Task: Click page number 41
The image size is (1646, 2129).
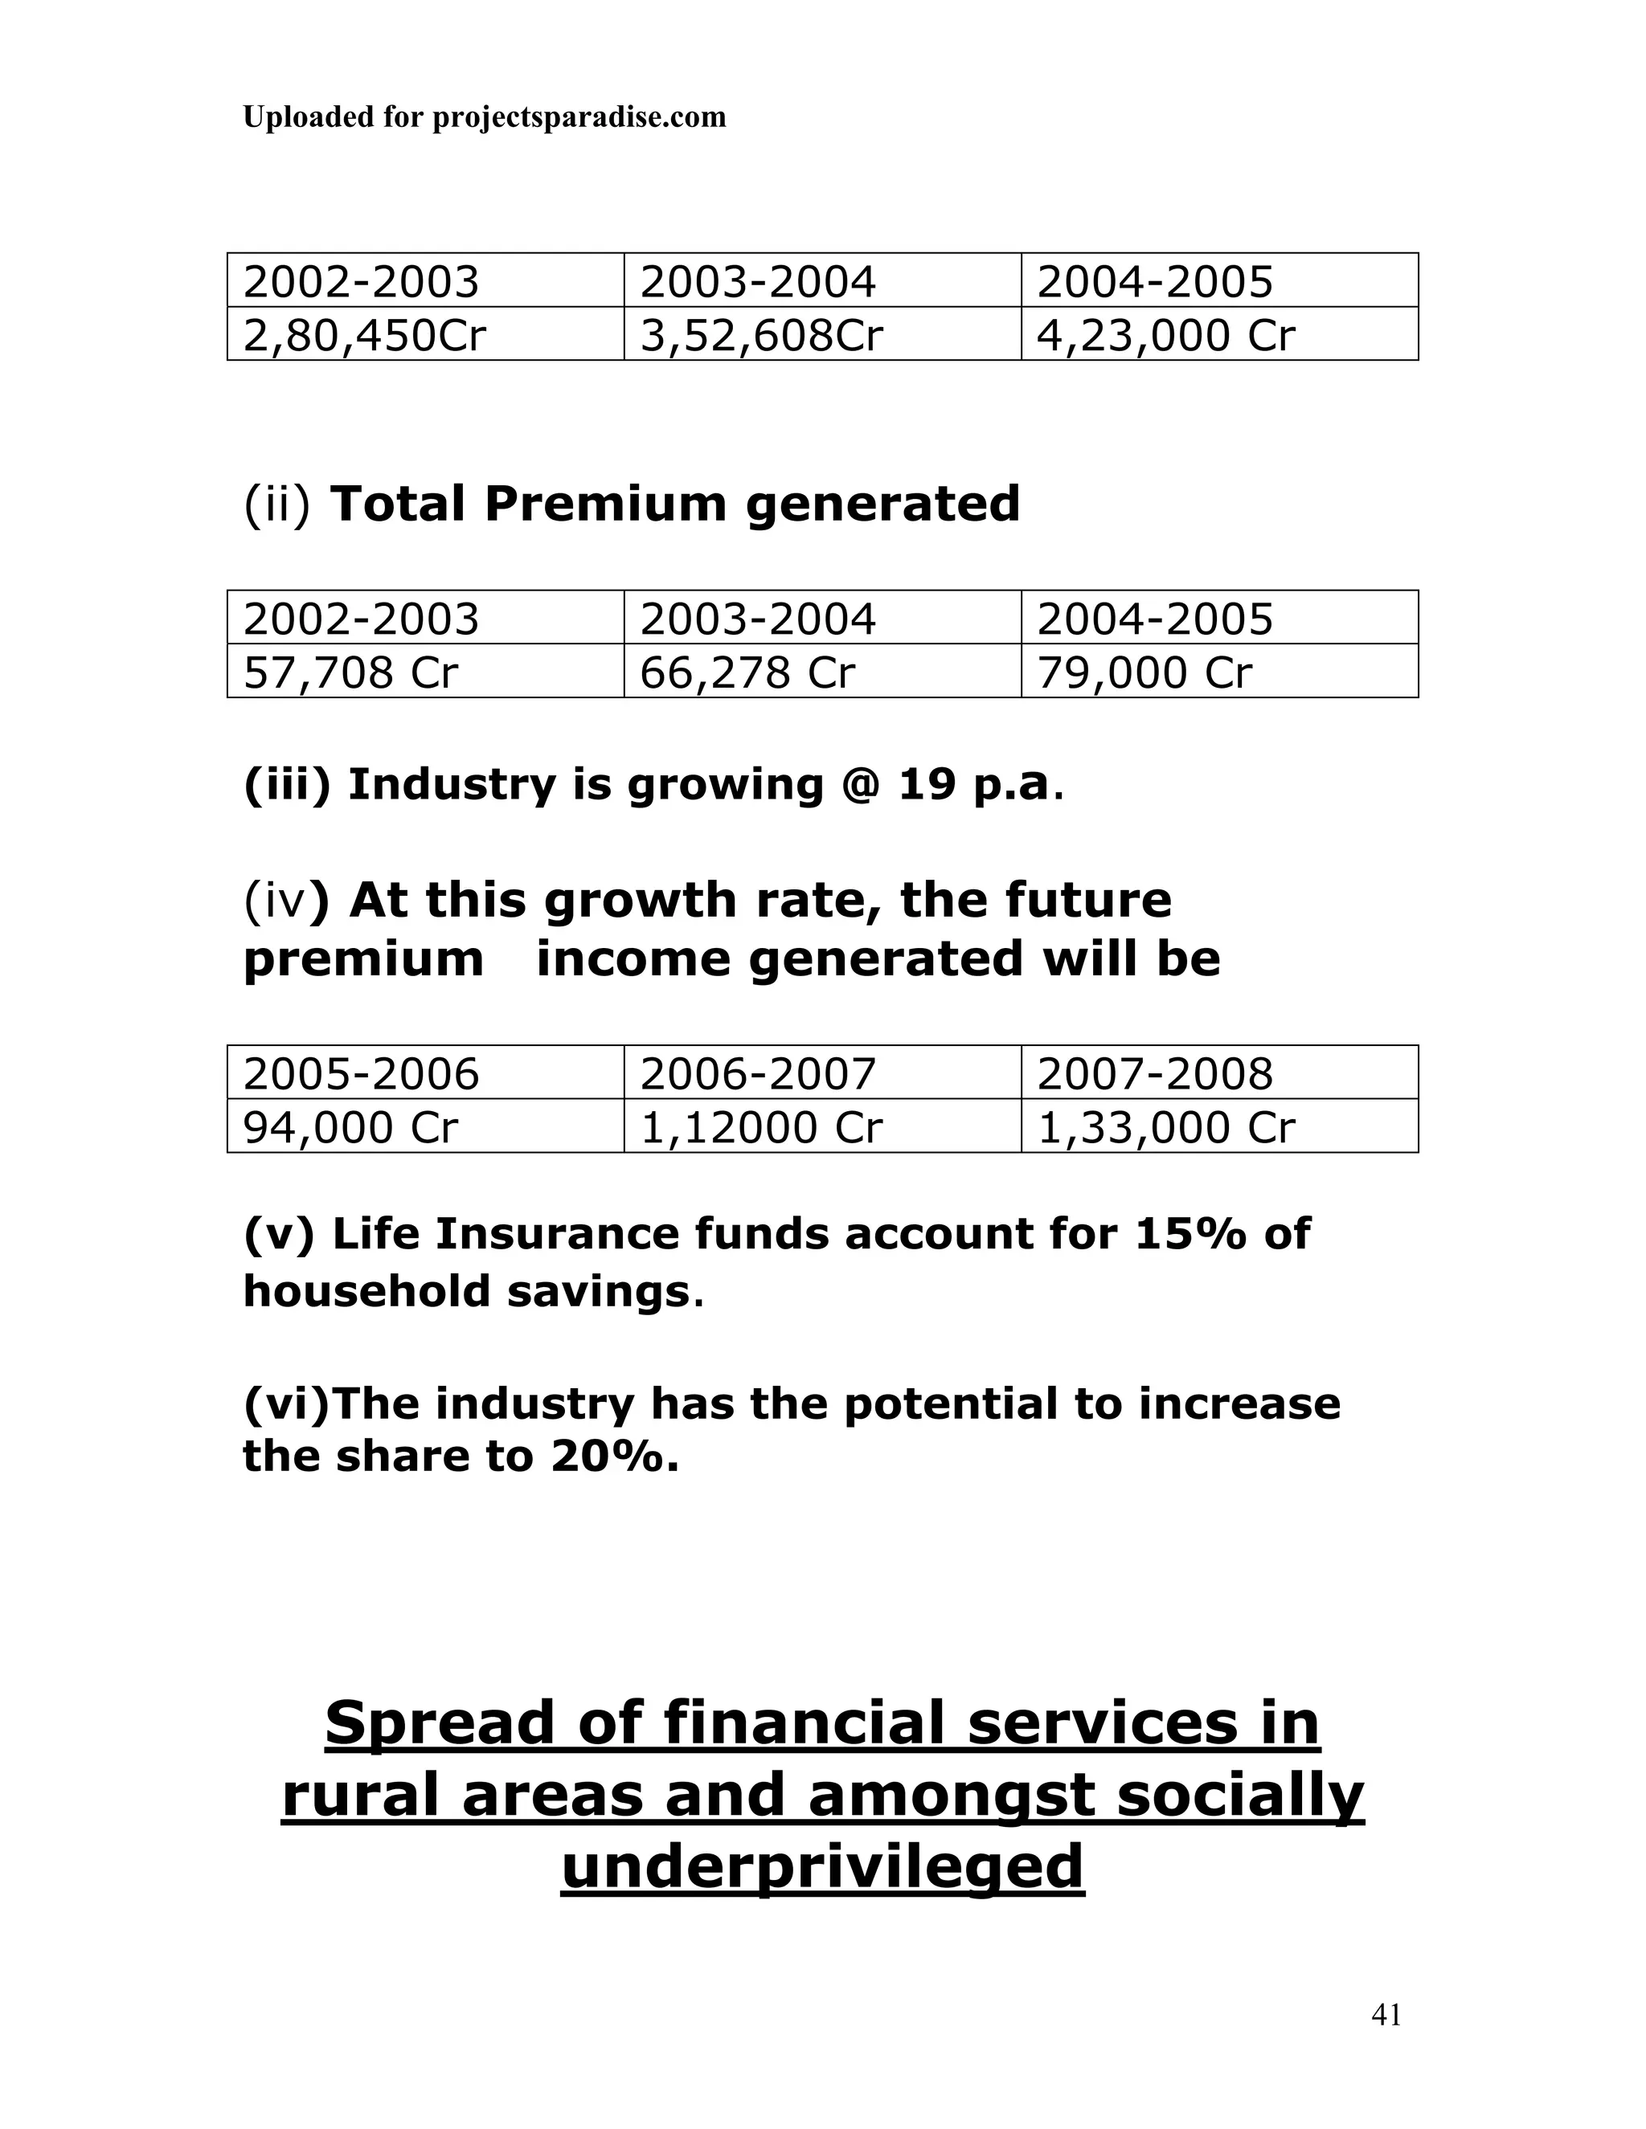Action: (1386, 2015)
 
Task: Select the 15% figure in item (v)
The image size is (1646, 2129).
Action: (1189, 1234)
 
